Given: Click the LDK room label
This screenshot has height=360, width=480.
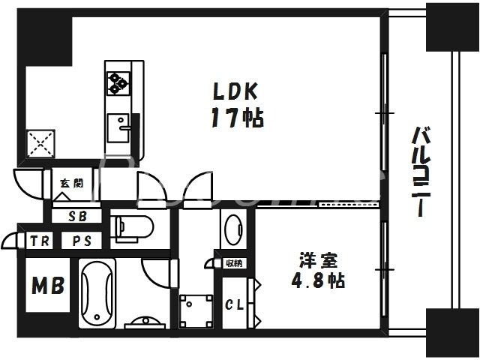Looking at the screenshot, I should tap(235, 92).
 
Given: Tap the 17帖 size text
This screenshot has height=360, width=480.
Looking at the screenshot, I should tap(235, 118).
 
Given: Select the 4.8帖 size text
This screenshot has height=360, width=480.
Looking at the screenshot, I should tap(319, 283).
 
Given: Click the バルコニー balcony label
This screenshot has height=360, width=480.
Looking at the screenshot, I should tap(422, 172).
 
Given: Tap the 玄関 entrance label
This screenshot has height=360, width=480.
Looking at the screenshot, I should tap(72, 182).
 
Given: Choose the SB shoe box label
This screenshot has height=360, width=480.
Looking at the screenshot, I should tap(77, 217).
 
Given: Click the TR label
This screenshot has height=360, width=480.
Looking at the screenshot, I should tap(39, 241).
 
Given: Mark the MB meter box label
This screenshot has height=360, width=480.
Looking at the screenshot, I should tap(46, 286).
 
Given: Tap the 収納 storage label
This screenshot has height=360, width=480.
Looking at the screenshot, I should tap(233, 262).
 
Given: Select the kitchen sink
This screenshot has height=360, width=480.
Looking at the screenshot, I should tap(119, 127).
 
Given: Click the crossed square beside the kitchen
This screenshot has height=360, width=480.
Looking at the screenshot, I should tap(40, 141).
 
